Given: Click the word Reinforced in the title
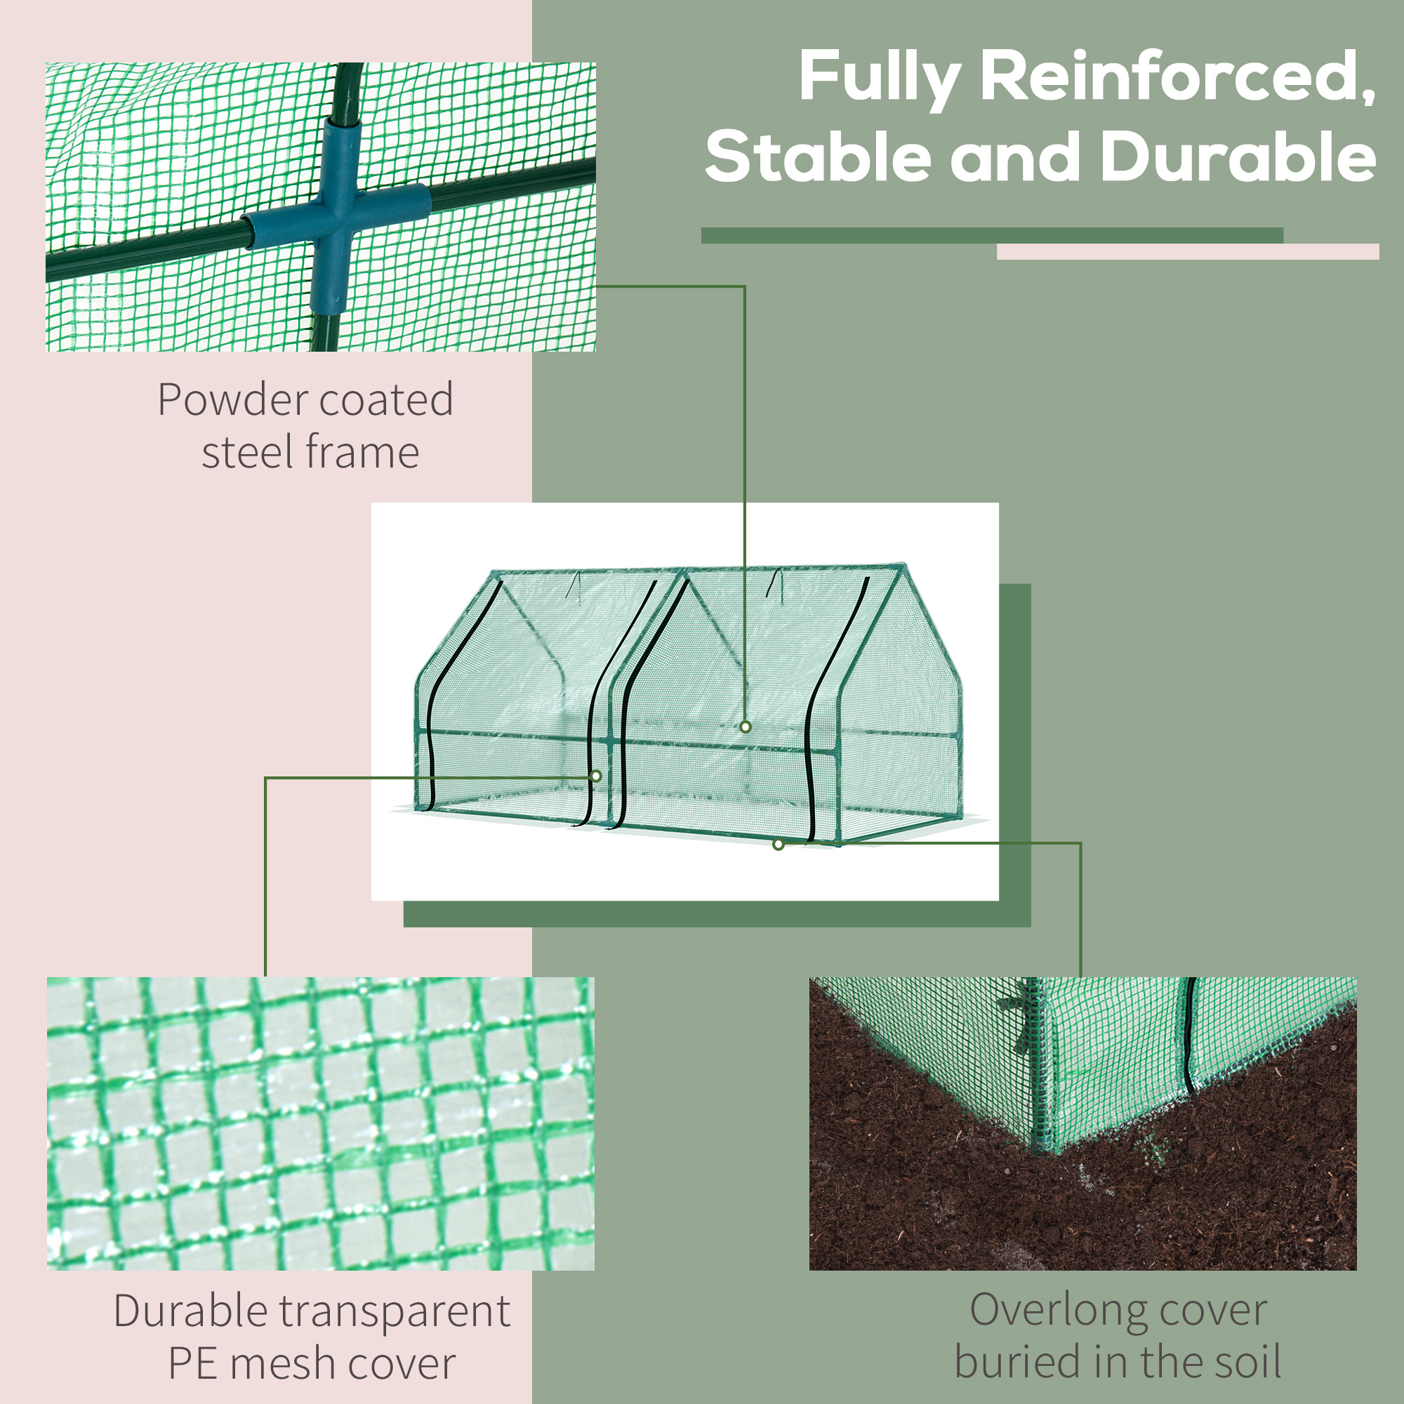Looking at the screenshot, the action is (x=1177, y=77).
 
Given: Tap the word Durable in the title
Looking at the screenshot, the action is (x=1238, y=158).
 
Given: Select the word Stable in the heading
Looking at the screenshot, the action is (x=819, y=158).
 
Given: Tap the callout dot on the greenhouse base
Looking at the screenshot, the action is (x=779, y=845).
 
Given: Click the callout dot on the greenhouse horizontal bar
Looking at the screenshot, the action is (x=746, y=727).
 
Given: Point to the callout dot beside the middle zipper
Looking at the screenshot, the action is (x=597, y=776).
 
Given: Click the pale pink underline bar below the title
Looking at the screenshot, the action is (x=1188, y=251).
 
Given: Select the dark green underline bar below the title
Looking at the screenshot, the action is (x=992, y=235).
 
